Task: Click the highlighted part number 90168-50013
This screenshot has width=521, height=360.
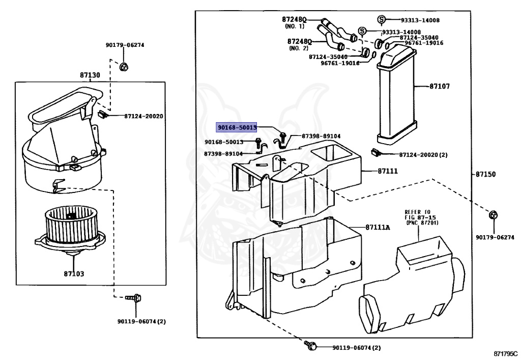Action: pos(237,127)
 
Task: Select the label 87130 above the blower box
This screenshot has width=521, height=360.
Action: pos(90,75)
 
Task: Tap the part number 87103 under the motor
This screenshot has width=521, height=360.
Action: pos(74,274)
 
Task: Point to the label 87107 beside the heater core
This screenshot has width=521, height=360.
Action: pos(440,87)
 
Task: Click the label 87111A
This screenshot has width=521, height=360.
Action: pos(377,227)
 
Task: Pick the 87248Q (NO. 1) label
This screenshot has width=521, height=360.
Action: pos(294,22)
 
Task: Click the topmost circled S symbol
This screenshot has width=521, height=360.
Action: pos(381,20)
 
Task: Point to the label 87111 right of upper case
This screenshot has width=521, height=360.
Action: pos(388,172)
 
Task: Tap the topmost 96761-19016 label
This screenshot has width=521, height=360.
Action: pos(424,43)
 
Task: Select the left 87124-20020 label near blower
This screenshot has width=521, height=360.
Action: pos(143,116)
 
